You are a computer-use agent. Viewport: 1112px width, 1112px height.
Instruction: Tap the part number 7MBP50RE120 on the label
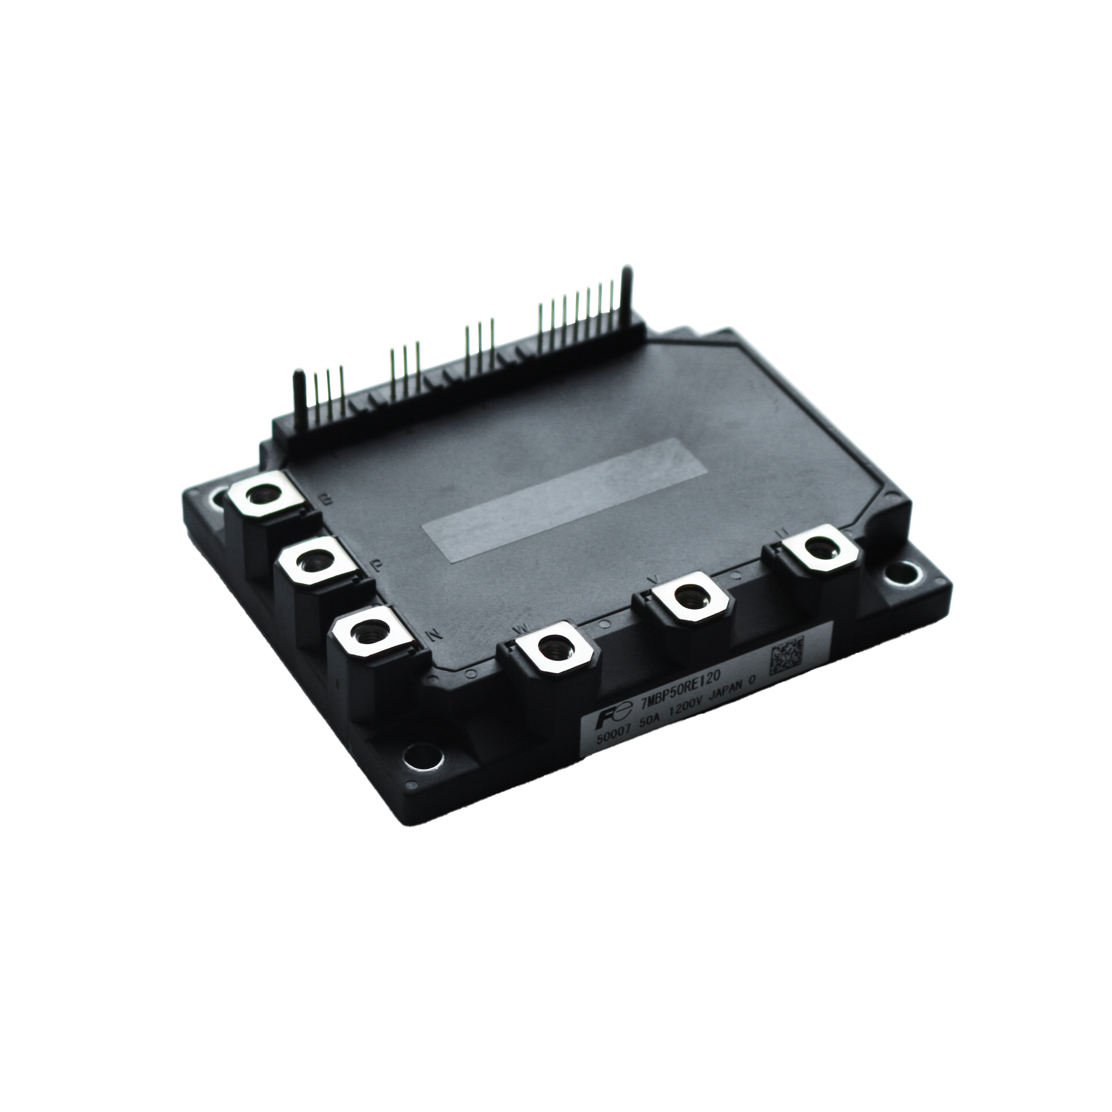pyautogui.click(x=657, y=686)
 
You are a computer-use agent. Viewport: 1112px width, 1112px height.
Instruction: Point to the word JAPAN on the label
pyautogui.click(x=730, y=688)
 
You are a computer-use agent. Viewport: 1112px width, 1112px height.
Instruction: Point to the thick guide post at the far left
pyautogui.click(x=300, y=393)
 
